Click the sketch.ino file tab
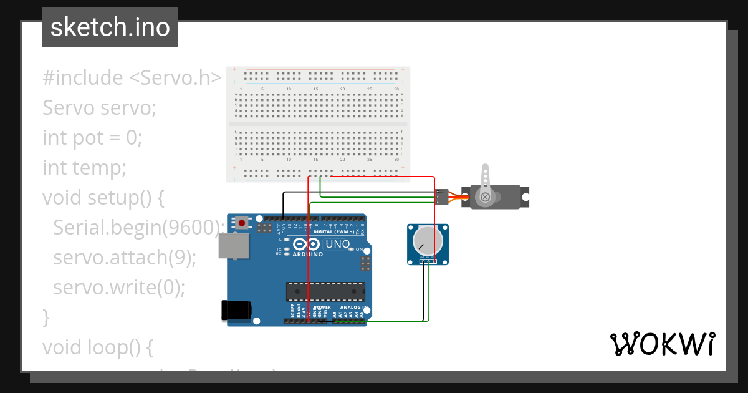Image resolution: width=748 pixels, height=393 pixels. pos(110,27)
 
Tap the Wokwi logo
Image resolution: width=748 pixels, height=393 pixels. pos(662,344)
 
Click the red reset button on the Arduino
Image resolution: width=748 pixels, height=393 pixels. pos(242,222)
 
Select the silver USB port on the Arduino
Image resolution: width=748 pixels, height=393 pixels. pos(234,245)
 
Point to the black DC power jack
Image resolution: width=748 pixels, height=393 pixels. pos(237,311)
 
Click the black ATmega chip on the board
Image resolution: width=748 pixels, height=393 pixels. pos(325,291)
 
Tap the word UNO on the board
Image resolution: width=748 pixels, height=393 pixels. pos(337,244)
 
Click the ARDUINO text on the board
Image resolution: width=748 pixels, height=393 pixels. pos(307,255)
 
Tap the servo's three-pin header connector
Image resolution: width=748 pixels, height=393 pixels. pos(441,196)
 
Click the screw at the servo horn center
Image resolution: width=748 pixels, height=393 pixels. pos(485,198)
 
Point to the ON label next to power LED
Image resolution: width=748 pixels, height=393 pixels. pos(359,250)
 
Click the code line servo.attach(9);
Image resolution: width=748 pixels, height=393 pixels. pos(125,257)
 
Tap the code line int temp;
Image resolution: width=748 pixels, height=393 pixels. pos(85,167)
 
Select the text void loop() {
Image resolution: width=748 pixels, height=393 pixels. pos(98,347)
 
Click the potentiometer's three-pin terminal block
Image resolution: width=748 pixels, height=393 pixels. pos(428,260)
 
